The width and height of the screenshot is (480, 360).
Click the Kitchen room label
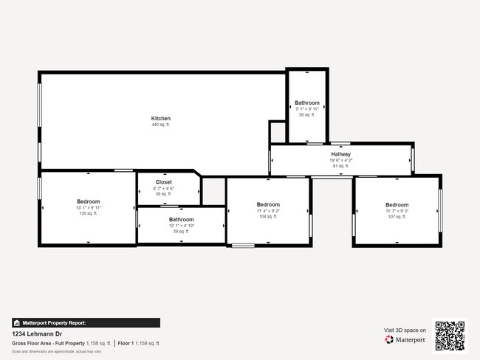160,119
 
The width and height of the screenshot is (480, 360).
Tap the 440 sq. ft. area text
160,125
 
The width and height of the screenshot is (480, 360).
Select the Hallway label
340,153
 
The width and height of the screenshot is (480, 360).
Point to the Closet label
163,182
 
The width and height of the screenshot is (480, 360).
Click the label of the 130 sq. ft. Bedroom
88,201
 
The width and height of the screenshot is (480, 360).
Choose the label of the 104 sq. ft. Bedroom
268,204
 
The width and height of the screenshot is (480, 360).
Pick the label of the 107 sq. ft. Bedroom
397,204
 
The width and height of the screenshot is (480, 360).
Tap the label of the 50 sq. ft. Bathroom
307,103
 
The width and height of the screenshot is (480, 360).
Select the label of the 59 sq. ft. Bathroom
181,219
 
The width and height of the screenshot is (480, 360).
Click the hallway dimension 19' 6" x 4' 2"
340,160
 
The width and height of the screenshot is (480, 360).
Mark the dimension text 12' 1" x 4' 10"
181,226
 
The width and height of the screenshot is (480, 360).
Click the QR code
450,335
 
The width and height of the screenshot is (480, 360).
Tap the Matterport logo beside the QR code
405,340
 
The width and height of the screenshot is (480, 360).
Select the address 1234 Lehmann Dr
35,333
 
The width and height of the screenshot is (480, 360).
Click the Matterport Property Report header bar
86,322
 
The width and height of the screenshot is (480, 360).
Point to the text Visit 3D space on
405,330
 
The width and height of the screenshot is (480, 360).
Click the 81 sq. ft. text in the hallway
340,166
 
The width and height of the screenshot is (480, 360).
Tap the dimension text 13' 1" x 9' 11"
88,208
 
